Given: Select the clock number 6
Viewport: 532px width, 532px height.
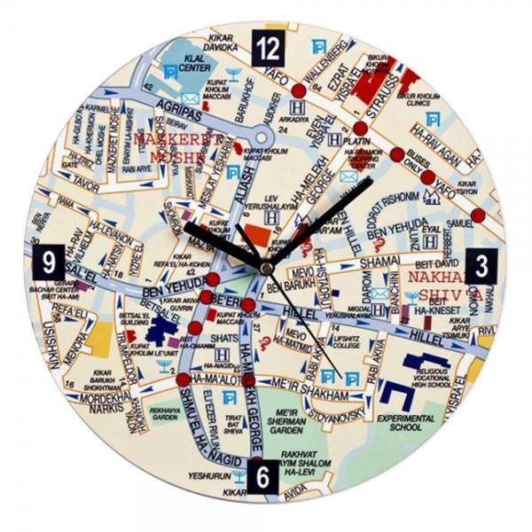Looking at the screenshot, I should pyautogui.click(x=263, y=476).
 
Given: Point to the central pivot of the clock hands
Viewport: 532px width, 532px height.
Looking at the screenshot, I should pyautogui.click(x=264, y=264).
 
